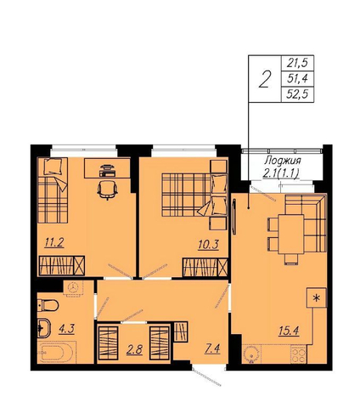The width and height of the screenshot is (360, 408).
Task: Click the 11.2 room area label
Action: click(54, 243)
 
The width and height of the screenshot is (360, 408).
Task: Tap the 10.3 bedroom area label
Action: click(209, 244)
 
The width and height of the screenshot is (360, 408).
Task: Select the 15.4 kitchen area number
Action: click(289, 331)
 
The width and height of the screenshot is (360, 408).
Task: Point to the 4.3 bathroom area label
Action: click(66, 329)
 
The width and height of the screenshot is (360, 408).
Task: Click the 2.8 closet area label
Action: click(134, 349)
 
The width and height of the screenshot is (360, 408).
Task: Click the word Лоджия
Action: click(282, 161)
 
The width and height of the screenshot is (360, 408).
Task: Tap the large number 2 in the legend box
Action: click(265, 79)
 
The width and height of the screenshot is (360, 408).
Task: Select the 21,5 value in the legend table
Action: click(297, 63)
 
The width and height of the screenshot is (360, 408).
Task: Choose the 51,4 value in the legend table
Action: click(297, 78)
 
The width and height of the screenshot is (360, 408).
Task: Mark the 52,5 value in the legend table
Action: click(297, 94)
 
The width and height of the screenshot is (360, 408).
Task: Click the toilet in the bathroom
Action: click(48, 305)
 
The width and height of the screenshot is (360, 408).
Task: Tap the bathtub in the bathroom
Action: click(56, 353)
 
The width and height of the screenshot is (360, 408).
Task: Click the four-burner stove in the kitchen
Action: click(299, 354)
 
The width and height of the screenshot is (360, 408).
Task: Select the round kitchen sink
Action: click(251, 354)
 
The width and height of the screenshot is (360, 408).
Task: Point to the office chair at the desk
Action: click(107, 190)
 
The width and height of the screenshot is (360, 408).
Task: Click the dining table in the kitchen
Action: click(291, 235)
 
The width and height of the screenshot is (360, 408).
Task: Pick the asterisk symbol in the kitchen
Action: click(317, 297)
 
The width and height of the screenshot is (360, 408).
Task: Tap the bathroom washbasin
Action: click(44, 328)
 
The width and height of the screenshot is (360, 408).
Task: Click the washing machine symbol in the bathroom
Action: click(73, 288)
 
